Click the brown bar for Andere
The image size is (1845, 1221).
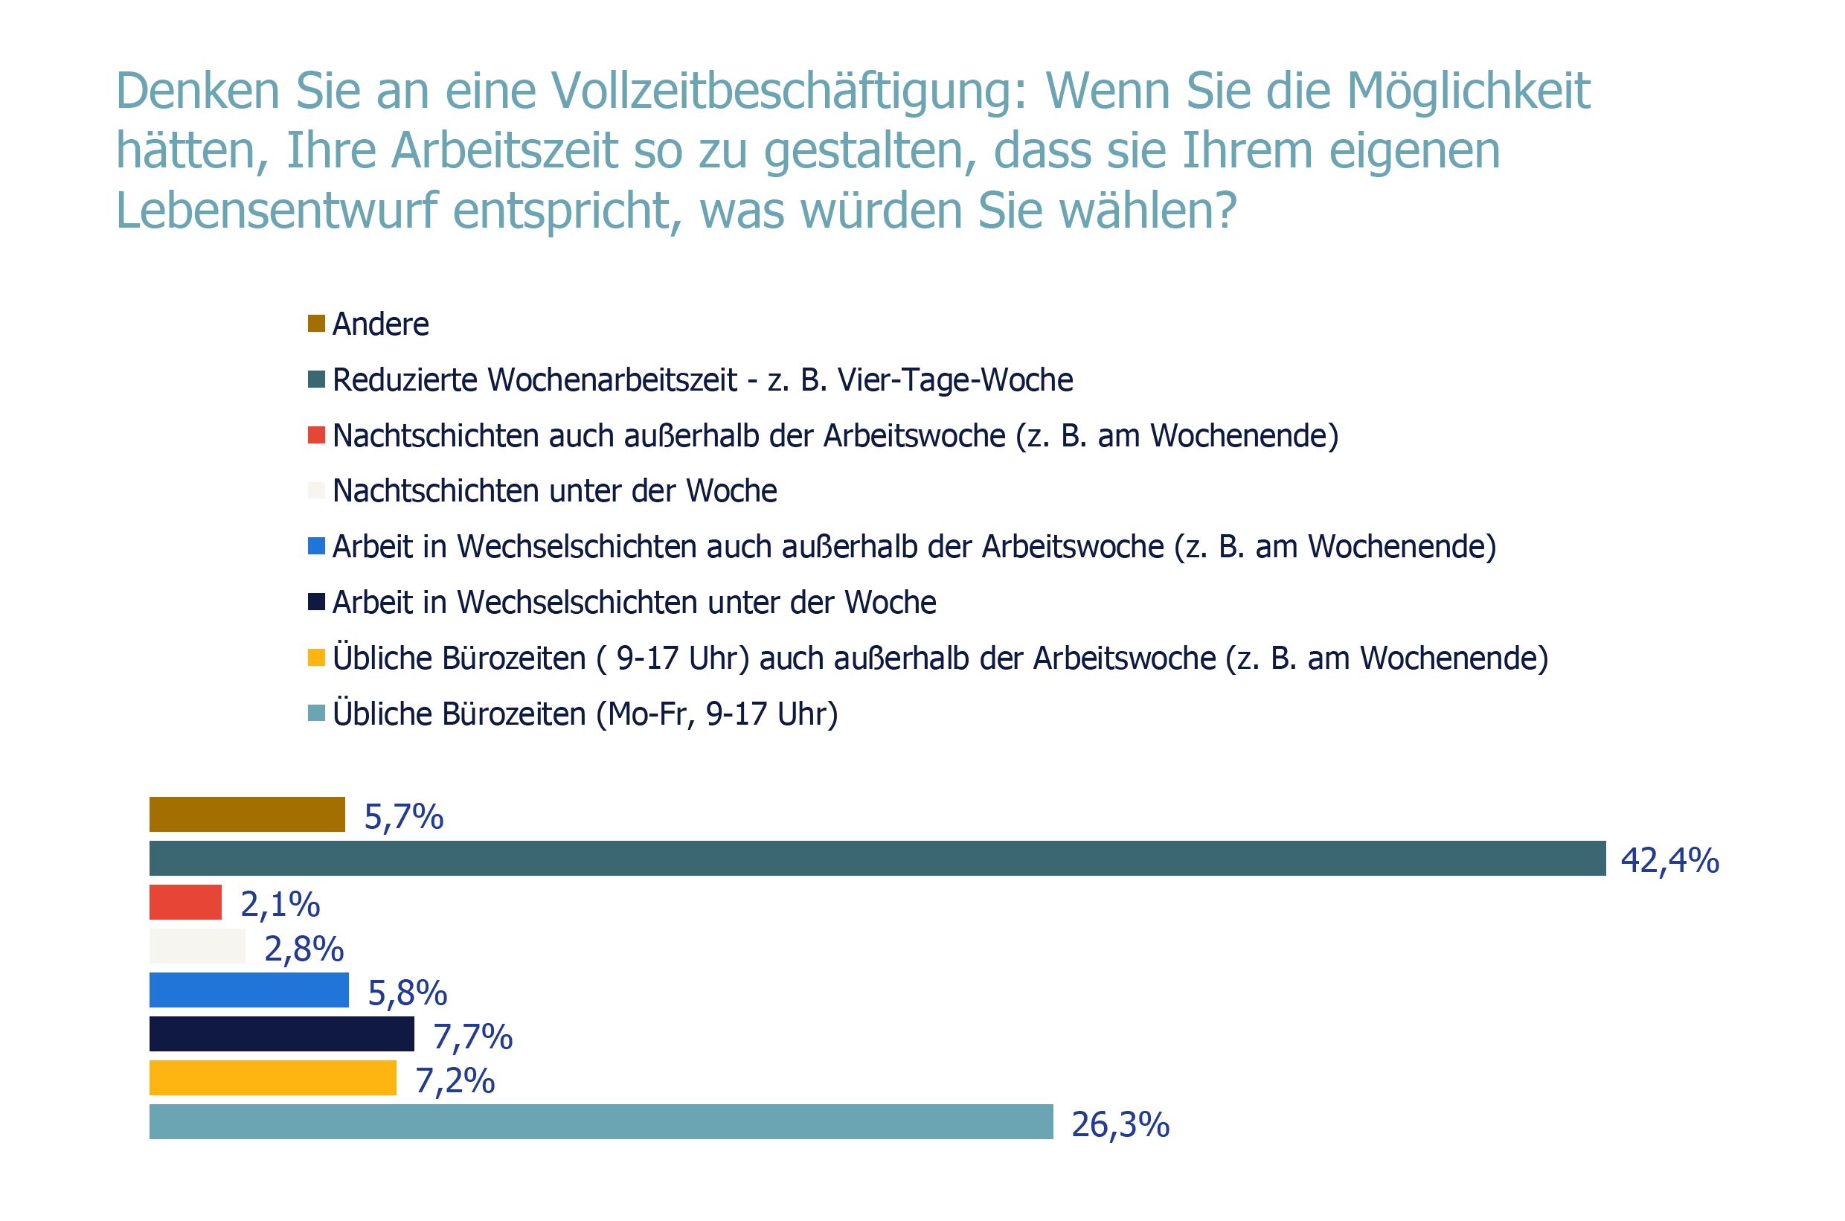coord(247,815)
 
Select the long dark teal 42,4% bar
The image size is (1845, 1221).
coord(877,858)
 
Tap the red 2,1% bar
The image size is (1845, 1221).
coord(185,902)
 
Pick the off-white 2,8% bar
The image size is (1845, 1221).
coord(197,946)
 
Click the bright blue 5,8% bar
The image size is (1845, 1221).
coord(249,990)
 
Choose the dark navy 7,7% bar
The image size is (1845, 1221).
coord(281,1033)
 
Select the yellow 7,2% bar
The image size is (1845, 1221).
coord(272,1077)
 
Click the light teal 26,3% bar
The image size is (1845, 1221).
coord(601,1121)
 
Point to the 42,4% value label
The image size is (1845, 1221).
coord(1670,860)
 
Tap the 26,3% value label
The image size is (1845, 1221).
coord(1120,1124)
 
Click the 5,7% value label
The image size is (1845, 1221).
coord(403,817)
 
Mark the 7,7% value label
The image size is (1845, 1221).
coord(472,1036)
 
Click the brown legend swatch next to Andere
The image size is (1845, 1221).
coord(316,323)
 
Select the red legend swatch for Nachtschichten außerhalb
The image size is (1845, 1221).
coord(316,435)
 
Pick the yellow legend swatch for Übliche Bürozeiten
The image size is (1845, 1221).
coord(316,658)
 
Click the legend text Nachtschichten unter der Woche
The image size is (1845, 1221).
coord(554,491)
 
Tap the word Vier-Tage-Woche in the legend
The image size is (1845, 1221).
coord(955,380)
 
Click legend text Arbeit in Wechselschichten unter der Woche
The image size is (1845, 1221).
coord(634,603)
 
